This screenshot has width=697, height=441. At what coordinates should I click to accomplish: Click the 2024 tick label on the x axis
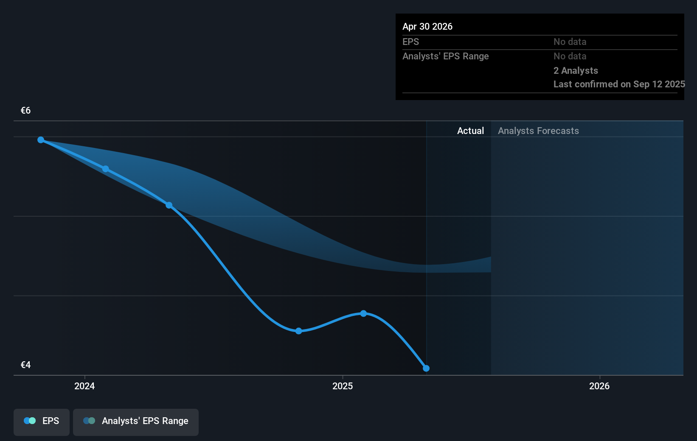pos(84,386)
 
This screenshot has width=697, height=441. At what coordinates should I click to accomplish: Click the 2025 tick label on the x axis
pos(343,386)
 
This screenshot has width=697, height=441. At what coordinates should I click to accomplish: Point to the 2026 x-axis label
pos(599,386)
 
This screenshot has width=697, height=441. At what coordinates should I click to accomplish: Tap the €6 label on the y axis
pos(25,111)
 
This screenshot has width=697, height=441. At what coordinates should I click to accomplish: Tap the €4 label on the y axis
pos(25,365)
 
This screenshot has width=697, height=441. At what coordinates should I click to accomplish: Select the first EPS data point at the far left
pos(41,140)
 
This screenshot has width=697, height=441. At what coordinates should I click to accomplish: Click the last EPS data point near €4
pos(426,368)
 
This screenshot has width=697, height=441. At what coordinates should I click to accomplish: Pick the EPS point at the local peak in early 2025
pos(363,313)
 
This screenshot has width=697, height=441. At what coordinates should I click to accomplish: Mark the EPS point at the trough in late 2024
pos(298,331)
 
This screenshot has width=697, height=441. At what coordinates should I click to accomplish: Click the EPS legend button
pos(42,421)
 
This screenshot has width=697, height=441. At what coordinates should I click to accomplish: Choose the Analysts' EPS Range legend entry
pos(136,421)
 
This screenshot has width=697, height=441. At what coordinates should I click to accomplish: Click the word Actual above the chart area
pos(470,131)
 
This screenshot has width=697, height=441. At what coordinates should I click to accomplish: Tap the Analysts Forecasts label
pos(538,131)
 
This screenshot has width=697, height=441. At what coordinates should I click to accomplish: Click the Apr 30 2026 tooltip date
pos(427,27)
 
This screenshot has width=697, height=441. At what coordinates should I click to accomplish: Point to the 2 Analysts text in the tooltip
pos(576,71)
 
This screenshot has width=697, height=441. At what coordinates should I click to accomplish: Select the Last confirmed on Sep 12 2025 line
pos(619,84)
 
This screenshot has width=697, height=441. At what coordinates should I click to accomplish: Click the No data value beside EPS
pos(570,42)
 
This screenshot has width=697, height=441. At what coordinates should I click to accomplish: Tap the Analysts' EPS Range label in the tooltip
pos(445,56)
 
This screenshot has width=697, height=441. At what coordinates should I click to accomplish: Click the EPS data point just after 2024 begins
pos(105,169)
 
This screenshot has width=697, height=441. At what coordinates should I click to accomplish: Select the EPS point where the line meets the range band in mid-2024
pos(169,205)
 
